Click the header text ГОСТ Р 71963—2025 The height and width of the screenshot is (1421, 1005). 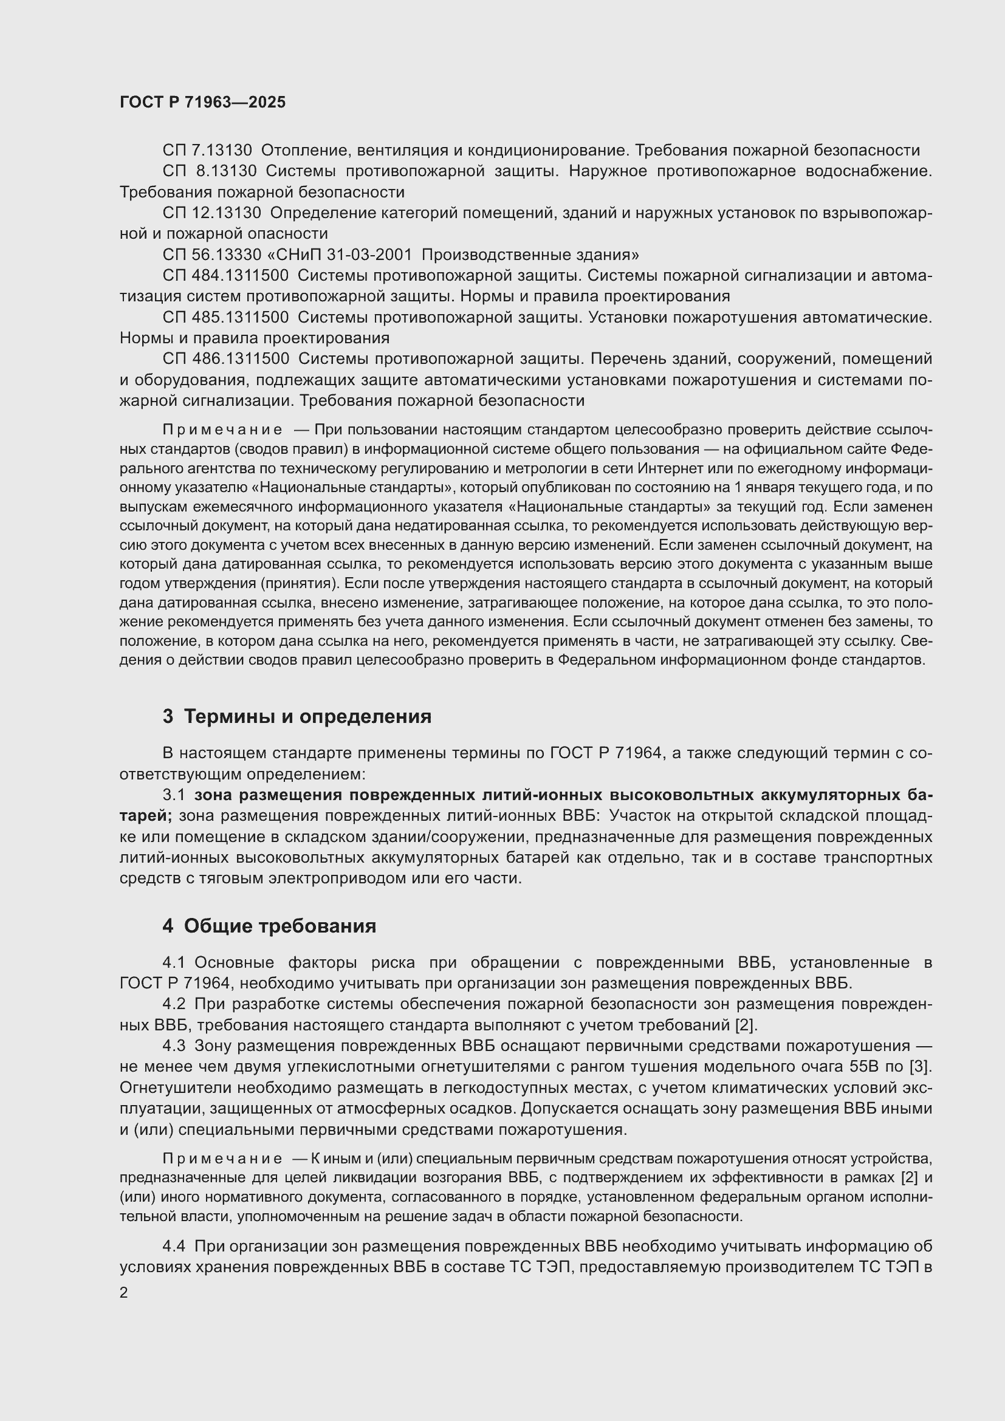pos(202,103)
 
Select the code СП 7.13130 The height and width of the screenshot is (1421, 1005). pos(207,151)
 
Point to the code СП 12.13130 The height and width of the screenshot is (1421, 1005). pos(211,213)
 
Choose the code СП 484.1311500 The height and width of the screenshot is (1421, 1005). pos(225,275)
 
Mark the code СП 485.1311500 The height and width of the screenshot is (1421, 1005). pos(225,318)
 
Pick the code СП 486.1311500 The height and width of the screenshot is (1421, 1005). pos(225,359)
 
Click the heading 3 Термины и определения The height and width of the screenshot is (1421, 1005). pos(297,717)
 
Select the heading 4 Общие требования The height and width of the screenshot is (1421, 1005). pos(269,926)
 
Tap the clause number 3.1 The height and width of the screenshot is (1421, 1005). pos(174,795)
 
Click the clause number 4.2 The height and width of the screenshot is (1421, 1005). pos(174,1004)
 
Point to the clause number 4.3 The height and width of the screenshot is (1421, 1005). pos(174,1046)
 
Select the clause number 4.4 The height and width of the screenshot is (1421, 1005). pos(174,1246)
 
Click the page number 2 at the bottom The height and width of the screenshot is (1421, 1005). pos(124,1293)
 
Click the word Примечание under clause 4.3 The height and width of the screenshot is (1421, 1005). pos(222,1159)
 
